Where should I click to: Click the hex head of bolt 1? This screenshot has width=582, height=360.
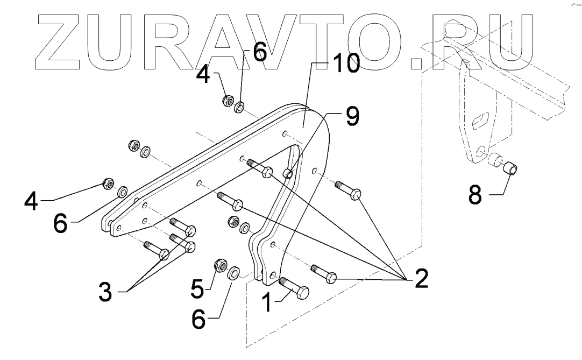pos(301,293)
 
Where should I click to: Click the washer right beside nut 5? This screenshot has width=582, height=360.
pos(235,272)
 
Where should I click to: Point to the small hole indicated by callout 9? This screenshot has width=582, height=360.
pos(288,173)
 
